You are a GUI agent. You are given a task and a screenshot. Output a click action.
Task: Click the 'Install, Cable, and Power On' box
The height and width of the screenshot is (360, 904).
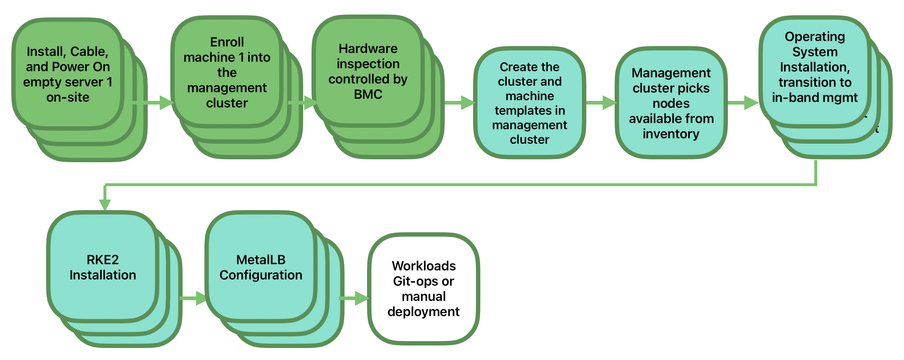(x=68, y=74)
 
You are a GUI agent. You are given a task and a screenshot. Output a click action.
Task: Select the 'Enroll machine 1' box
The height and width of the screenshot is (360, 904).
(x=227, y=72)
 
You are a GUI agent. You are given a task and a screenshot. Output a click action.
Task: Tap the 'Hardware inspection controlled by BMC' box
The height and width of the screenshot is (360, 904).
(x=368, y=71)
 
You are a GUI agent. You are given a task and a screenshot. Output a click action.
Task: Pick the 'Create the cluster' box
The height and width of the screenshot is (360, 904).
(x=529, y=103)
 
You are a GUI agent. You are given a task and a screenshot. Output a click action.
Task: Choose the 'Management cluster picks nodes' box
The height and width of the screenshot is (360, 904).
(x=671, y=103)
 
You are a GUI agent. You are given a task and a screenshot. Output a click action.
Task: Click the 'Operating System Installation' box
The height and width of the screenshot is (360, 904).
(x=815, y=67)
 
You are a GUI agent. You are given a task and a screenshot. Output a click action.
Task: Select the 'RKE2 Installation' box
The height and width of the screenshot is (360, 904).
(x=103, y=267)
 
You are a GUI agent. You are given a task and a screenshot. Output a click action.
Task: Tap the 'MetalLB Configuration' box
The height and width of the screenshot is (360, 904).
(x=261, y=267)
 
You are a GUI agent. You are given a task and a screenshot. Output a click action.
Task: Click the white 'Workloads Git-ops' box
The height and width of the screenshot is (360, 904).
(x=423, y=289)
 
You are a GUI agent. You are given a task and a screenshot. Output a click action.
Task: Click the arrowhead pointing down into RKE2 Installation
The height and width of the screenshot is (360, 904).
(x=105, y=204)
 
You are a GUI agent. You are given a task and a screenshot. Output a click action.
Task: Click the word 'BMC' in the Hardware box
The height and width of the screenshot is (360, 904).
(x=368, y=94)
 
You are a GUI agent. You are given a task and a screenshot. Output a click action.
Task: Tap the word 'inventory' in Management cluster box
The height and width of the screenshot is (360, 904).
(x=671, y=134)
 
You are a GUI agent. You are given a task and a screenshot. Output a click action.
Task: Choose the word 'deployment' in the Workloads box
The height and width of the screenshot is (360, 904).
(x=423, y=312)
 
